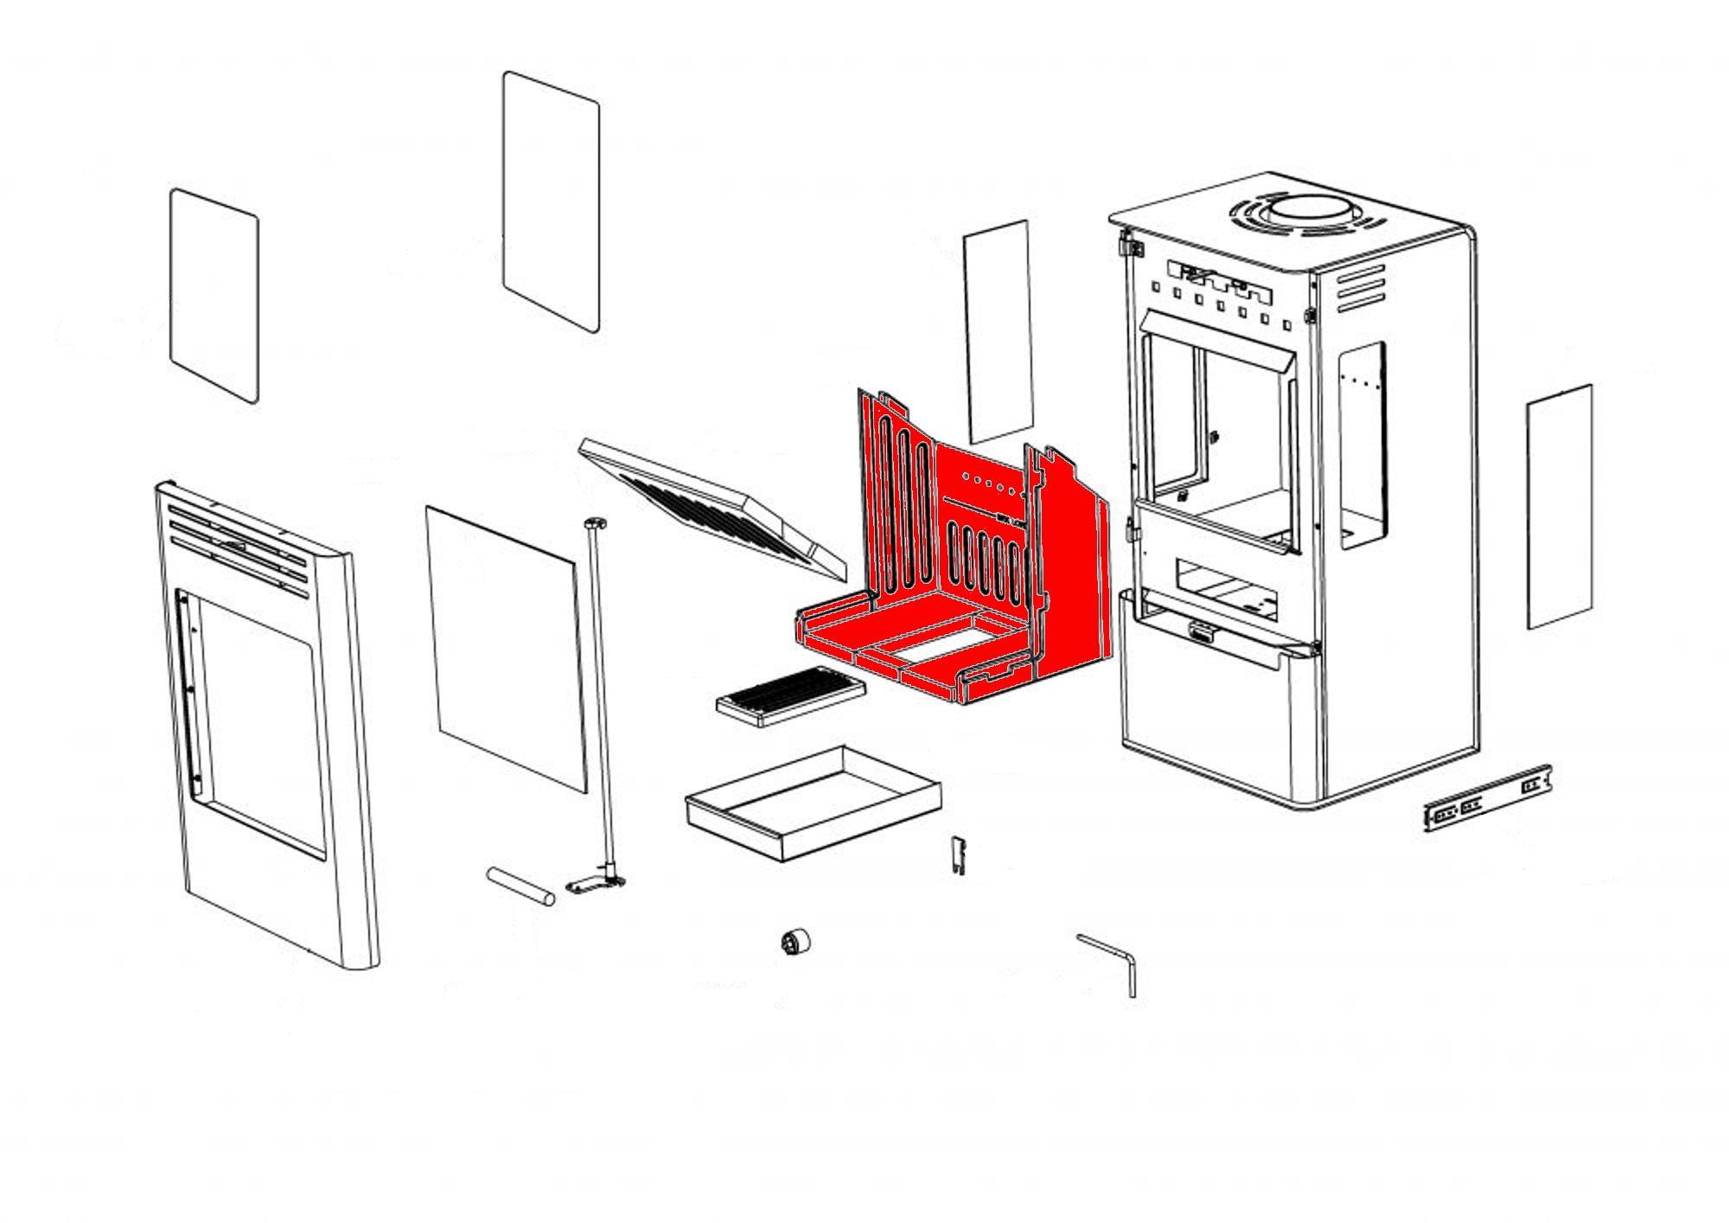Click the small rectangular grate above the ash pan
790,695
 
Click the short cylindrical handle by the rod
520,886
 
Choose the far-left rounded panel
214,296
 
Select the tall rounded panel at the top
551,202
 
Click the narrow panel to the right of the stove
1560,507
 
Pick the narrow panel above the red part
998,330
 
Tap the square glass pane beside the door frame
507,649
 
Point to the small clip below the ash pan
958,855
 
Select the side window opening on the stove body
1362,445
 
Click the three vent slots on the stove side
1361,289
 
